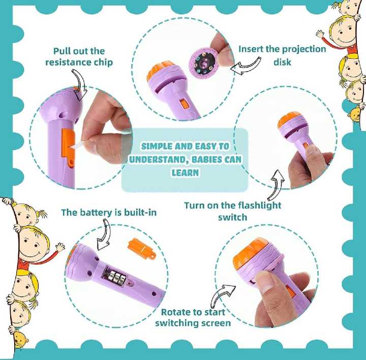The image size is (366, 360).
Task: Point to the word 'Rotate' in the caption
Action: pos(176,312)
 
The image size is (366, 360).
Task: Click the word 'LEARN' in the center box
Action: pos(185,173)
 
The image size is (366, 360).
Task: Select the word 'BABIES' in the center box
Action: pos(213,159)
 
